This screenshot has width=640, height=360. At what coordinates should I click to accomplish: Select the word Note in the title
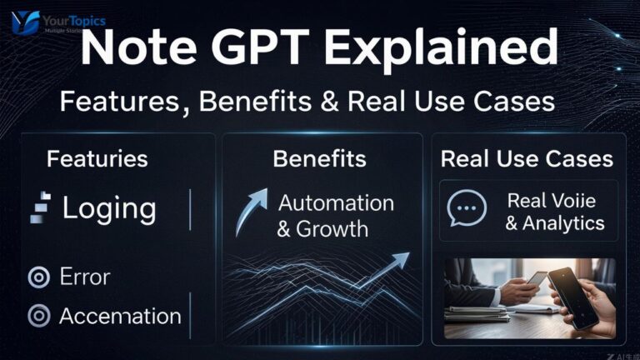tap(132, 50)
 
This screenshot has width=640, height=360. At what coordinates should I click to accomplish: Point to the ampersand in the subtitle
tap(333, 102)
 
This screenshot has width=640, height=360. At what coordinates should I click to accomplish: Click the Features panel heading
tap(97, 158)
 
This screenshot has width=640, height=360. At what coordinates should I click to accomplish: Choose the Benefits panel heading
tap(320, 158)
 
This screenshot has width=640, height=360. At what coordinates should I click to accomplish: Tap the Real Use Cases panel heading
tap(526, 158)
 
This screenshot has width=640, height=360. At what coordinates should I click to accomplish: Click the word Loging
tap(109, 207)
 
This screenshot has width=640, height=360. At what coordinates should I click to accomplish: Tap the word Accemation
tap(121, 317)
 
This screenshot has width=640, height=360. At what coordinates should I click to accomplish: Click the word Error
tap(85, 277)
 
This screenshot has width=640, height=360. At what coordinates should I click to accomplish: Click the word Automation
tap(336, 202)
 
